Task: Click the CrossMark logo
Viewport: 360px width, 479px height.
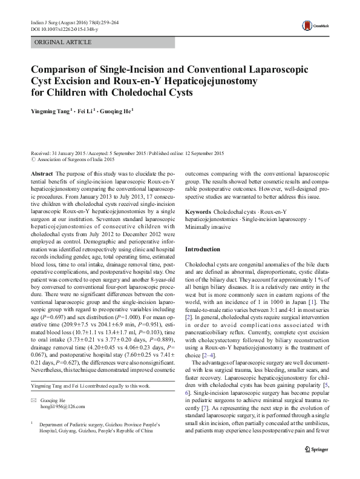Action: coord(318,25)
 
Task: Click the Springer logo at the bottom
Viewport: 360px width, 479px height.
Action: coord(324,466)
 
